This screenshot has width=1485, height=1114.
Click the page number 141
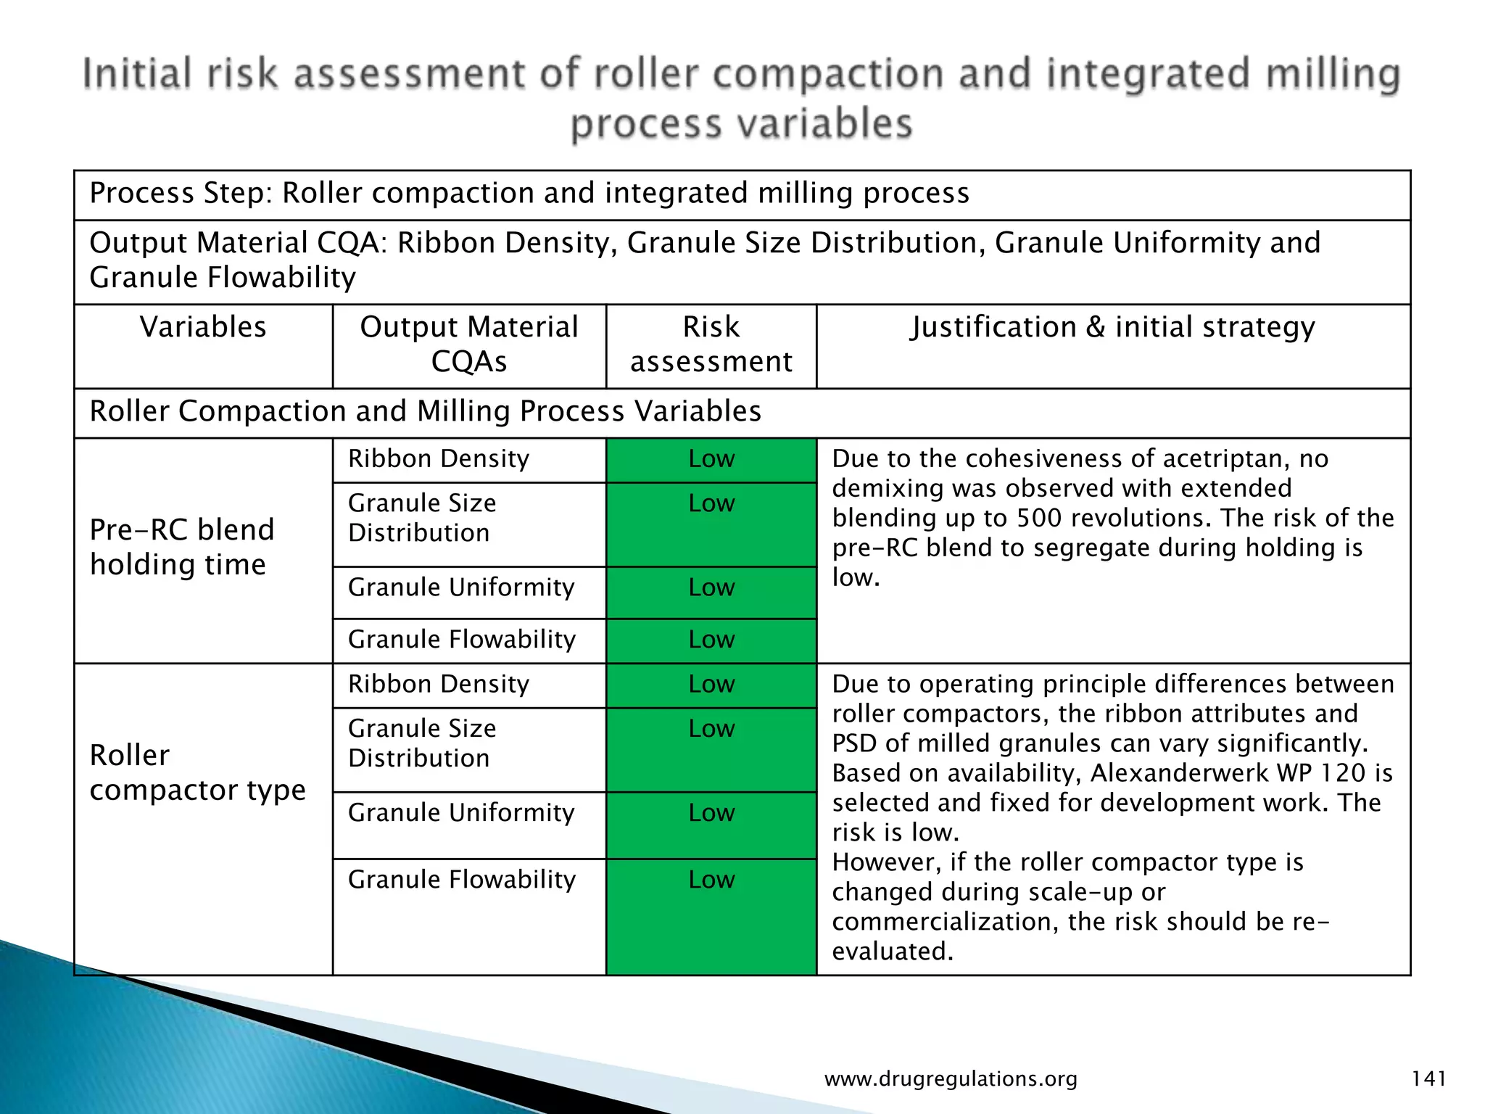[1428, 1078]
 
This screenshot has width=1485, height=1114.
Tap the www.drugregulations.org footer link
[951, 1079]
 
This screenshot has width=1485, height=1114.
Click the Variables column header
[203, 327]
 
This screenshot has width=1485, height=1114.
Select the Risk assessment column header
[711, 344]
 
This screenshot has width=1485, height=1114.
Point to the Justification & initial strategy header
[1113, 327]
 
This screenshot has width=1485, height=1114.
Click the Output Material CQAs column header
[469, 344]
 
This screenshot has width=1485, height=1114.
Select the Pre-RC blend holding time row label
[182, 547]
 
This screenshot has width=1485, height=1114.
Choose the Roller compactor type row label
[197, 772]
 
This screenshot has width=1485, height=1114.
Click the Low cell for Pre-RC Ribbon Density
[711, 459]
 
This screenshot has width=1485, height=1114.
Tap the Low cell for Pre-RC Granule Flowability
[711, 640]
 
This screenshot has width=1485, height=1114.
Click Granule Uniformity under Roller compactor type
[461, 813]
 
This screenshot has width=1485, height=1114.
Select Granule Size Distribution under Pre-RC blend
[422, 518]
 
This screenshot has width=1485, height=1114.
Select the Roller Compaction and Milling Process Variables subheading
[425, 411]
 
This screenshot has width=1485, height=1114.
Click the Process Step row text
[529, 194]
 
